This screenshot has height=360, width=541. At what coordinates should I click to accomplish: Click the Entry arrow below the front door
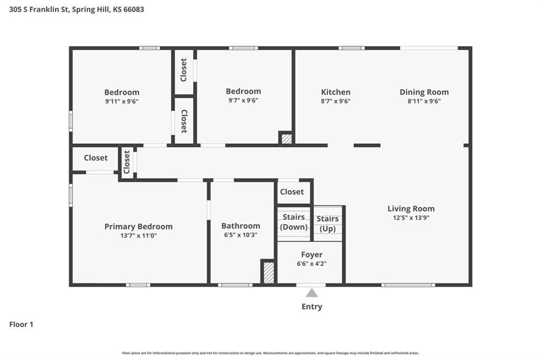pos(312,293)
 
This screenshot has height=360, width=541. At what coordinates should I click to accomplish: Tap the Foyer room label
pos(312,255)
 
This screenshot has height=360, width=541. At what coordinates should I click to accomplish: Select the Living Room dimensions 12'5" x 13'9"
pos(411,217)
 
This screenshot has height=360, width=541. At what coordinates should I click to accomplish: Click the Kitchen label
pos(335,92)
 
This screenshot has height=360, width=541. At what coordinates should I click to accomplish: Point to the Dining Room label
pos(424,92)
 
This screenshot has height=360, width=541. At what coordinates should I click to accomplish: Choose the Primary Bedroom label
pos(138,227)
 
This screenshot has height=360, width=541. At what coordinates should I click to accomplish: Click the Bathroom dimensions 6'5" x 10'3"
pos(240,235)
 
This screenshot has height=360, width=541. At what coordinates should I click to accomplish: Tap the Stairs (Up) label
pos(328,224)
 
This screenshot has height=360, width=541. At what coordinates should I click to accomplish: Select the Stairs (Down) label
pos(294,222)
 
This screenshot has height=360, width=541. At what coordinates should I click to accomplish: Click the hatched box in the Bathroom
pos(268,273)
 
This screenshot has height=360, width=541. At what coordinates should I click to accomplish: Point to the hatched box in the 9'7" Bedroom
pos(286,139)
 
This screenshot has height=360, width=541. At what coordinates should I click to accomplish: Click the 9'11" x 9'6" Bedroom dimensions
pos(122,101)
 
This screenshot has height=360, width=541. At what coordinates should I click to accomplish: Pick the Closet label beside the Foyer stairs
pos(292,192)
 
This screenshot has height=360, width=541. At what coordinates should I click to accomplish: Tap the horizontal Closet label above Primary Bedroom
pos(96,158)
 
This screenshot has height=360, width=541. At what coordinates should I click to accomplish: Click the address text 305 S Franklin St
pos(39,10)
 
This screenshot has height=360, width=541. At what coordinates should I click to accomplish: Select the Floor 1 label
pos(21,325)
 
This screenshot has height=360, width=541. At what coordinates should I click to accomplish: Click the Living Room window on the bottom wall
pos(408,285)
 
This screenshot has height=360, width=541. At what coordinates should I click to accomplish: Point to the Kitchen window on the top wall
pos(351,48)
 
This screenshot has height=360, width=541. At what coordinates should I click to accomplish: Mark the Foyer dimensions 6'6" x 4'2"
pos(312,264)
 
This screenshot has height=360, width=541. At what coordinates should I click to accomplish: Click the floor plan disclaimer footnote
pos(270,353)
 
